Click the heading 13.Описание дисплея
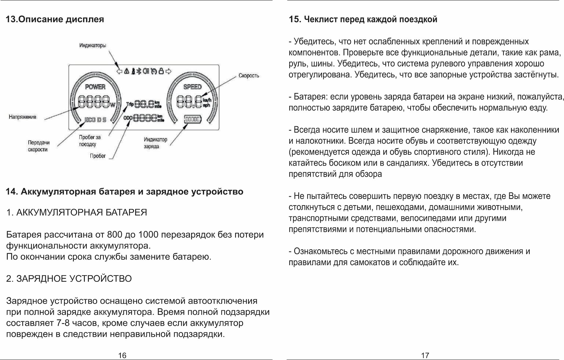[x=55, y=19]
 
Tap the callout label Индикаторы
[x=93, y=46]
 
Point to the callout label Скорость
[x=249, y=76]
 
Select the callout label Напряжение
[x=22, y=117]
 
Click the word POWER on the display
[x=95, y=87]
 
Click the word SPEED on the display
[x=192, y=87]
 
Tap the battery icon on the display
[x=193, y=119]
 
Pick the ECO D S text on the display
[x=95, y=120]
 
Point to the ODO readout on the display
[x=144, y=118]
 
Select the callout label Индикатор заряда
[x=155, y=143]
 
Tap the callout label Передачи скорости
[x=38, y=146]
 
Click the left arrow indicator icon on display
[x=119, y=71]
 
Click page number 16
[x=122, y=355]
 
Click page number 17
[x=425, y=355]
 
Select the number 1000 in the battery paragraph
[x=148, y=235]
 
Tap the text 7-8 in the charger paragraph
[x=63, y=323]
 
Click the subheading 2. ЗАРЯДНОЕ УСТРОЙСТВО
[x=69, y=278]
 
